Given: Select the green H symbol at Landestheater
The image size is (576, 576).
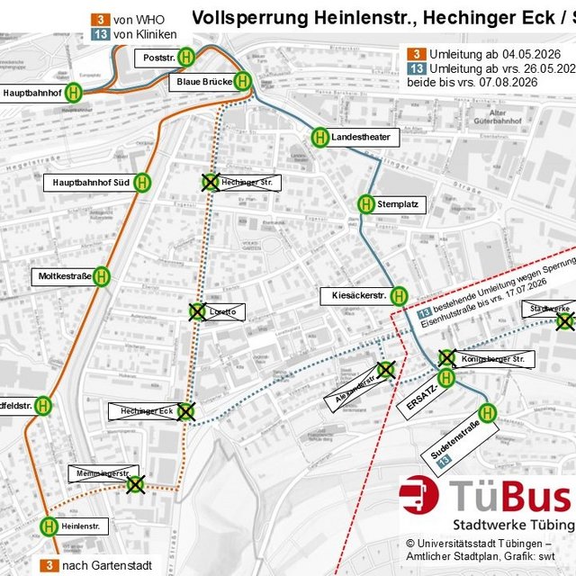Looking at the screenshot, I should [320, 137].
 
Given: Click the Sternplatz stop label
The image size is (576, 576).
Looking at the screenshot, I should [398, 204].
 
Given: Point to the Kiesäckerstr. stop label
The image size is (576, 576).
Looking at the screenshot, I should [353, 295].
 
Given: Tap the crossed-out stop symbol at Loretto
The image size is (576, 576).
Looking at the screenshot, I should [197, 312].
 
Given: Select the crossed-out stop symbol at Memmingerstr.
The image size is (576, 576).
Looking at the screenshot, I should [135, 484].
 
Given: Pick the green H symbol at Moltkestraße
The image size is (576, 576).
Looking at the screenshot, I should [102, 276].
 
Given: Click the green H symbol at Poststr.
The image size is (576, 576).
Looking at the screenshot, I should [185, 57].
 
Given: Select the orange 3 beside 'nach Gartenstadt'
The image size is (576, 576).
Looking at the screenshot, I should [49, 565].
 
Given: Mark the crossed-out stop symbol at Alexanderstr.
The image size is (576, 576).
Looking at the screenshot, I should [386, 369].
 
